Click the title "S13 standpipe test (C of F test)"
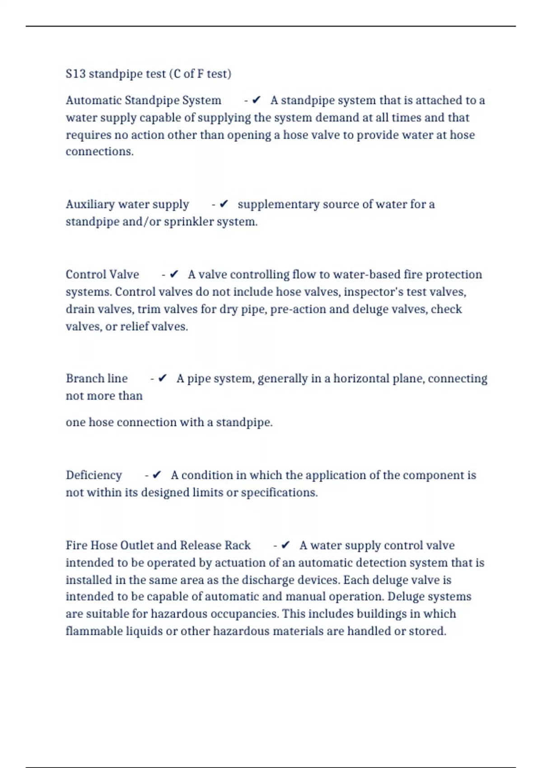point(148,74)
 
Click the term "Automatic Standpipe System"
point(143,100)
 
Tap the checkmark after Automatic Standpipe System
point(257,100)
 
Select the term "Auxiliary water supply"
point(127,204)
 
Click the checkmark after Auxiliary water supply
point(224,204)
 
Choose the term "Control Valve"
point(102,275)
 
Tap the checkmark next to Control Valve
point(174,274)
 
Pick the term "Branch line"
point(96,379)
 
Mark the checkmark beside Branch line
point(163,378)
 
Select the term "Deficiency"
point(93,475)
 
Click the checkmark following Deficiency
point(157,475)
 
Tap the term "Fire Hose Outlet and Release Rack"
point(158,545)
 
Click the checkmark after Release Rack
point(285,545)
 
